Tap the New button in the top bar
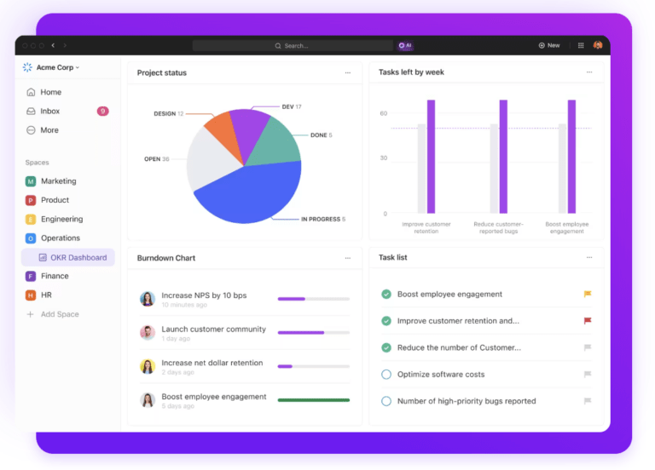coord(549,45)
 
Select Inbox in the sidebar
coord(49,111)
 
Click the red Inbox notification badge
coord(102,111)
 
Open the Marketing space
coord(58,181)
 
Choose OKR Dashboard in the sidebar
coord(78,257)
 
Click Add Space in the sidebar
coord(60,314)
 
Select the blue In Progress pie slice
coord(252,192)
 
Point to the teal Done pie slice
coord(277,141)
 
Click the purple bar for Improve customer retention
coord(431,156)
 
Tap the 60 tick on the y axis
coord(384,113)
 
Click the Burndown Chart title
coord(166,257)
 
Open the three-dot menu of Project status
coord(348,73)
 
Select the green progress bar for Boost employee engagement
coord(313,399)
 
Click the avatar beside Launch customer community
coord(148,332)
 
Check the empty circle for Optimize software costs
coord(386,374)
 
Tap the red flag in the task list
coord(587,321)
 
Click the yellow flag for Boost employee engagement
coord(587,294)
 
